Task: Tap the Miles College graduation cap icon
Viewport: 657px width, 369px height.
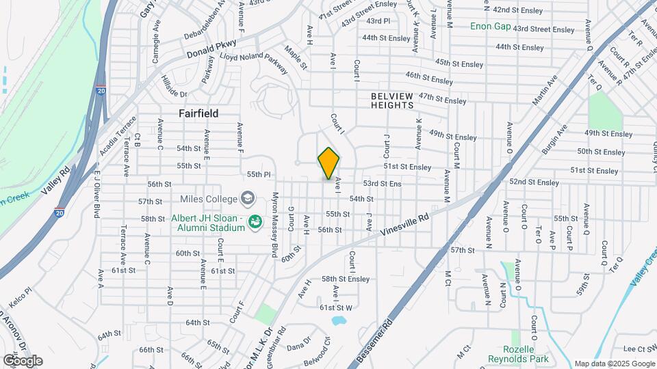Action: pyautogui.click(x=247, y=199)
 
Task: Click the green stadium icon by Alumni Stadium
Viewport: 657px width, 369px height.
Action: pyautogui.click(x=255, y=222)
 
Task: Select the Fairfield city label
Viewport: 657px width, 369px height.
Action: pyautogui.click(x=198, y=113)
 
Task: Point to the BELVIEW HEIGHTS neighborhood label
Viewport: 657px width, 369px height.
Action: pyautogui.click(x=392, y=100)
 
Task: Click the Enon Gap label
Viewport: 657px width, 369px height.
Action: pyautogui.click(x=491, y=26)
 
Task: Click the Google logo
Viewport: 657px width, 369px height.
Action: pyautogui.click(x=23, y=361)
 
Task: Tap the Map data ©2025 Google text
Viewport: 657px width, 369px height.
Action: pyautogui.click(x=614, y=364)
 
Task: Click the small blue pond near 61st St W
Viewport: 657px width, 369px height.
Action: pyautogui.click(x=338, y=320)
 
